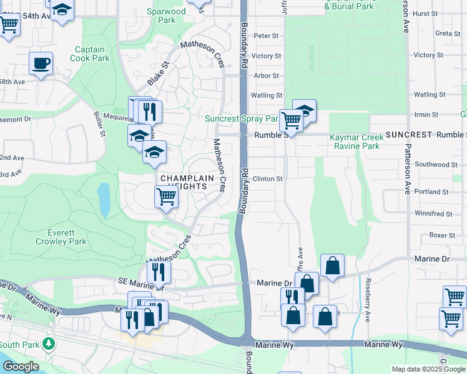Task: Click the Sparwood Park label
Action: tap(166, 16)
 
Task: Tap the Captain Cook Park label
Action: tap(92, 54)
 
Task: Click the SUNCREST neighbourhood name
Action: tap(409, 135)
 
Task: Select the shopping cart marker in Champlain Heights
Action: tap(166, 197)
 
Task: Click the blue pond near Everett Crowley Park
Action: tap(104, 199)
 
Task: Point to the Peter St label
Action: tap(266, 36)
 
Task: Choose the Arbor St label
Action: tap(267, 76)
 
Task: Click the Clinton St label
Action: tap(268, 179)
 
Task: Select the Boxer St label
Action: tap(442, 236)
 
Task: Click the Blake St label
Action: tap(159, 74)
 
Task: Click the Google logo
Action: tap(20, 367)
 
